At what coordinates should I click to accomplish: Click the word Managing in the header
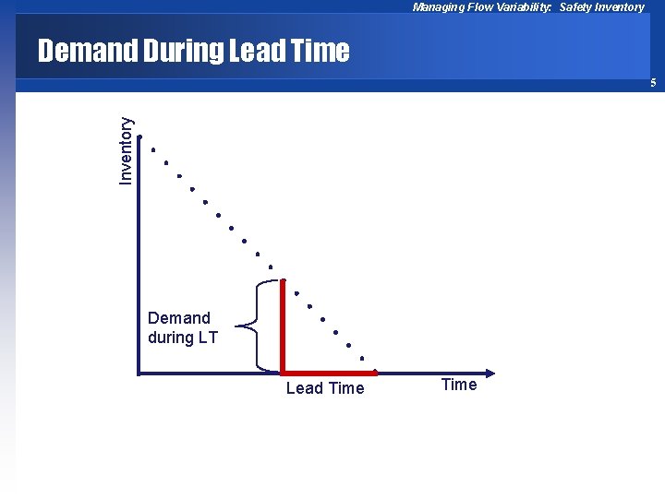pyautogui.click(x=438, y=7)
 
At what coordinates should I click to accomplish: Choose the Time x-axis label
pyautogui.click(x=459, y=385)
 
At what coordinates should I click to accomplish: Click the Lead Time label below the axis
pyautogui.click(x=325, y=388)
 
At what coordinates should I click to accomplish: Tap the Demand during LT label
pyautogui.click(x=182, y=327)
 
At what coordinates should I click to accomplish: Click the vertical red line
pyautogui.click(x=283, y=327)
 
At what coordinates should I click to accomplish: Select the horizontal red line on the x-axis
pyautogui.click(x=329, y=373)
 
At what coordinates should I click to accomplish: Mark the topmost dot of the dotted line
pyautogui.click(x=152, y=149)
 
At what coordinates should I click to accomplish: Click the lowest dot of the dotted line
pyautogui.click(x=362, y=358)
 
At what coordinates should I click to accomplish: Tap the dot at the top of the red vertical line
pyautogui.click(x=283, y=280)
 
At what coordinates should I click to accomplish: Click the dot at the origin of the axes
pyautogui.click(x=139, y=373)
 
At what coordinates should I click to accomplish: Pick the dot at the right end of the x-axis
pyautogui.click(x=494, y=373)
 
